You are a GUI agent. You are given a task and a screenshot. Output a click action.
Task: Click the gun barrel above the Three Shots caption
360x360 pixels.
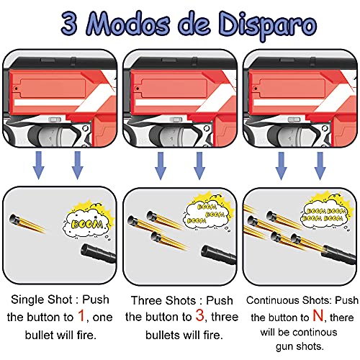216,252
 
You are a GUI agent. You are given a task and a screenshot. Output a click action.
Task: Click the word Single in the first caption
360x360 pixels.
27,299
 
